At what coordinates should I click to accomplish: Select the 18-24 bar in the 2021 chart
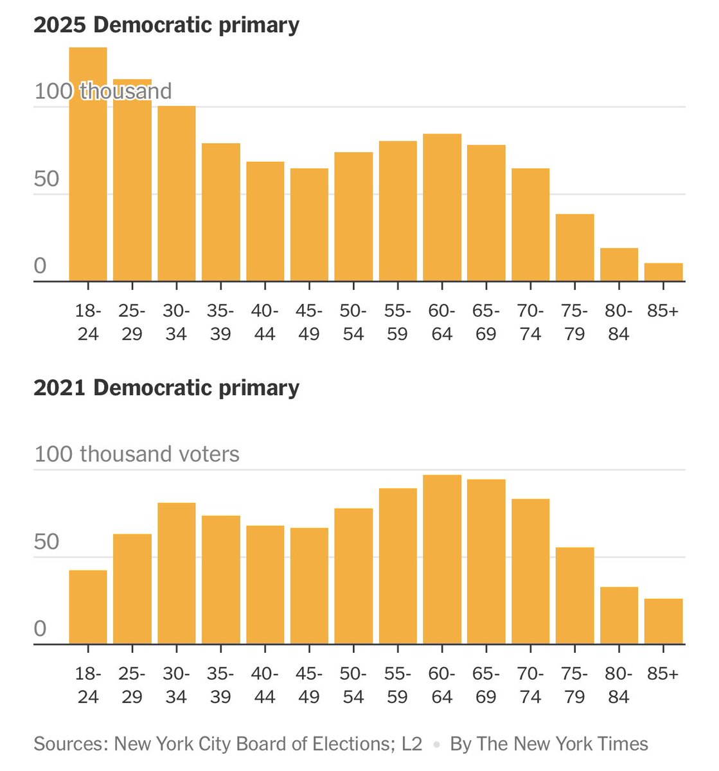tap(88, 607)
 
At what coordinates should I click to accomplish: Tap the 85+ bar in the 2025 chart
tap(663, 272)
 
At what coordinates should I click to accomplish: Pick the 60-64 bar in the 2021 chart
tap(442, 559)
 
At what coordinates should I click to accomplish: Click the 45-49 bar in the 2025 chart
tap(309, 225)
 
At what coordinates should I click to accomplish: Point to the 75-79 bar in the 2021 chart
tap(574, 596)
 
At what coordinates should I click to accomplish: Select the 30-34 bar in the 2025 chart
tap(177, 193)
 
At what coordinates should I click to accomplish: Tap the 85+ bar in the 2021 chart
tap(663, 621)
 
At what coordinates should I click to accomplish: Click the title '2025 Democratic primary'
tap(166, 25)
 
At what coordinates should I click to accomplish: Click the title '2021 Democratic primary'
tap(166, 388)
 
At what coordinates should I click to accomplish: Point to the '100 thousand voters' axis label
tap(137, 454)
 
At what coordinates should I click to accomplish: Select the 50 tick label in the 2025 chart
tap(47, 179)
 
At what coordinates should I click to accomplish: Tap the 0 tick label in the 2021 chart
tap(40, 628)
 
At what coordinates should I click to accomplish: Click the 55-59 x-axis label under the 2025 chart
tap(398, 323)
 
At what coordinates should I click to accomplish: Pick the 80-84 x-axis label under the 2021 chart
tap(619, 686)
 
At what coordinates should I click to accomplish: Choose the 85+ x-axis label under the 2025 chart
tap(663, 312)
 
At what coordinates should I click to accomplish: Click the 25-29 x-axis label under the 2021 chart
tap(132, 686)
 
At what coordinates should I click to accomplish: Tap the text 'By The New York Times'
tap(549, 744)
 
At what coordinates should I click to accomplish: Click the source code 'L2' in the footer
tap(412, 744)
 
